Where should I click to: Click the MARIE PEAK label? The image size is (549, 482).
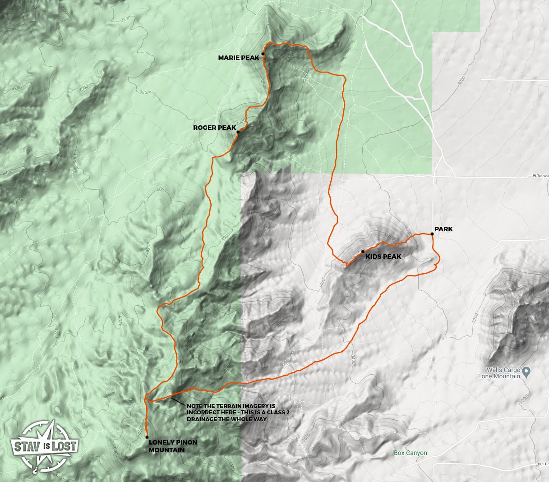[x=239, y=58]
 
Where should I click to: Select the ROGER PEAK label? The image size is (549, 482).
[x=214, y=128]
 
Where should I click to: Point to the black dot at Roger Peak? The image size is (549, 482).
[x=238, y=132]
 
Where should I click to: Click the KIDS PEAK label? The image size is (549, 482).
[x=383, y=257]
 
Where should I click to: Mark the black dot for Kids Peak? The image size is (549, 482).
[x=363, y=252]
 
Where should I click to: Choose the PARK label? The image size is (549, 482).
[x=443, y=229]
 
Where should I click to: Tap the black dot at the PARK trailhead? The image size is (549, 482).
[x=432, y=234]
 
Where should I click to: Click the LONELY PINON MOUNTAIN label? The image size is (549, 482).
[x=173, y=446]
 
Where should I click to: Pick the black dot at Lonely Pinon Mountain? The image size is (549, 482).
[x=147, y=437]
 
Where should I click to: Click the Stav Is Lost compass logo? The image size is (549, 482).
[x=45, y=446]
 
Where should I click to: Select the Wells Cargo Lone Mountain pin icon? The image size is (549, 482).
[x=526, y=372]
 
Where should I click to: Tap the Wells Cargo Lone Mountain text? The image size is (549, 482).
[x=499, y=373]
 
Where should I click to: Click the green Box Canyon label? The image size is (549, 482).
[x=410, y=453]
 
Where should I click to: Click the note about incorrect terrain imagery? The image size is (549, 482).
[x=231, y=413]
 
